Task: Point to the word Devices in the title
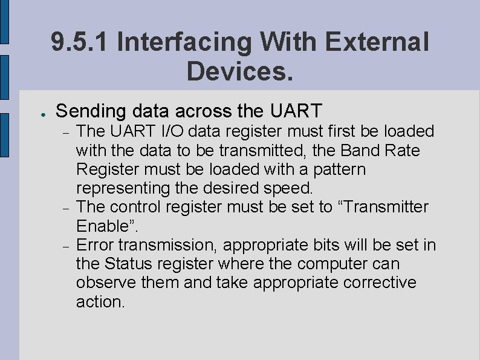[x=238, y=71]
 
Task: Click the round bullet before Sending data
[x=37, y=113]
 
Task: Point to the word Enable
[x=103, y=226]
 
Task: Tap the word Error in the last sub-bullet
[x=96, y=245]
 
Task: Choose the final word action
[x=99, y=302]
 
